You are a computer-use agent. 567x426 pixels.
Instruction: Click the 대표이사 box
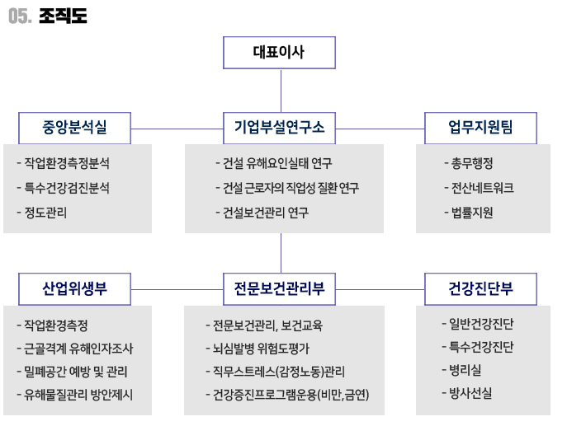coord(279,53)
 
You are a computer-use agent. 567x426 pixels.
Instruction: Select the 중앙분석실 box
coord(74,129)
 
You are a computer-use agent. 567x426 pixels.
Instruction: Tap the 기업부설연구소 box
coord(279,129)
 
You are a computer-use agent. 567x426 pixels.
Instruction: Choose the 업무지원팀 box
coord(480,129)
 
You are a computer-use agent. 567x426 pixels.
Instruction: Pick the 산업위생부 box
coord(74,289)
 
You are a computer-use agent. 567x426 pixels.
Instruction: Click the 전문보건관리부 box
coord(279,289)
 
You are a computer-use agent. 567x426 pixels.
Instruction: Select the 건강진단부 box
coord(480,289)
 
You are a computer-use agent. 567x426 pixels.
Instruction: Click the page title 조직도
coord(63,16)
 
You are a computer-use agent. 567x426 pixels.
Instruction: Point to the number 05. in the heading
coord(20,16)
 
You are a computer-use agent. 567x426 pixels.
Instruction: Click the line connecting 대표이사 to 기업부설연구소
coord(281,91)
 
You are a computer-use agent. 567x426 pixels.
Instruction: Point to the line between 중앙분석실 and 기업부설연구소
coord(177,129)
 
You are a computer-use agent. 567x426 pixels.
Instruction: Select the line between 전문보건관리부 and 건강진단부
coord(380,289)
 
